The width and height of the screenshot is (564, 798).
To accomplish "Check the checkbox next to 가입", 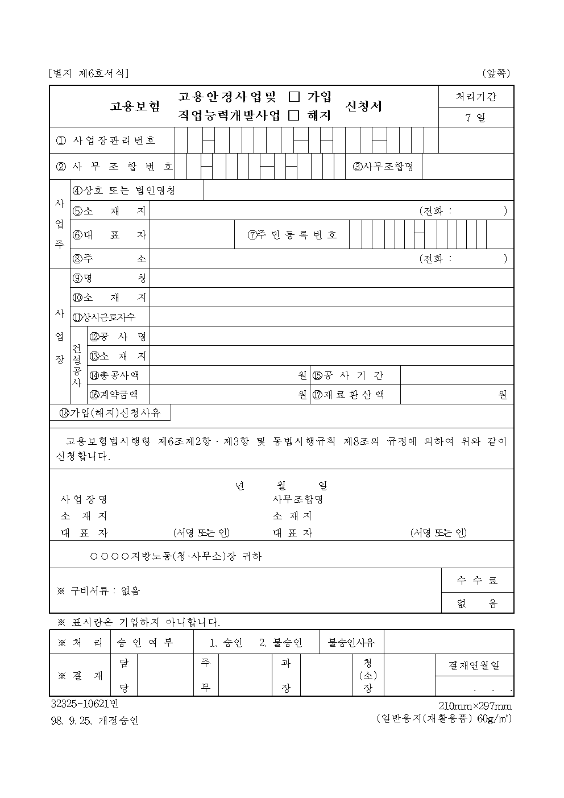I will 294,97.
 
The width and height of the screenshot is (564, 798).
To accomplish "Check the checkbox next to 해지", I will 294,115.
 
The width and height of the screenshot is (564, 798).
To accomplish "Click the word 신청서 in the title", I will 364,106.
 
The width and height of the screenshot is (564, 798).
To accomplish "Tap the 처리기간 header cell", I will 476,97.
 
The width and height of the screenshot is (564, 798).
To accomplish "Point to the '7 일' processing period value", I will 476,118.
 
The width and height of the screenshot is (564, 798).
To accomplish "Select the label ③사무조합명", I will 384,167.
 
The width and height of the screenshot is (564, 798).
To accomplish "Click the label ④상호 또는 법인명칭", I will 125,191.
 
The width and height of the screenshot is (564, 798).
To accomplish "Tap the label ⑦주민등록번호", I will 293,235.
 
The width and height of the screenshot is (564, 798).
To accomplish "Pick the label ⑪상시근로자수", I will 104,317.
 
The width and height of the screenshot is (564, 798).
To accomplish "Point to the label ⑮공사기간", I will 348,375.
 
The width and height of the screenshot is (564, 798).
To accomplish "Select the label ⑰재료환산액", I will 348,394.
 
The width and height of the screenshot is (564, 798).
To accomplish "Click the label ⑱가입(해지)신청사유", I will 111,413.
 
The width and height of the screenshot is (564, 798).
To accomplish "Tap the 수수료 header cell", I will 478,580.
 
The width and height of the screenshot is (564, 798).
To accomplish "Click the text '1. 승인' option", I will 226,643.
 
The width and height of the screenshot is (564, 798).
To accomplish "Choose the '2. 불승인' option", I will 281,643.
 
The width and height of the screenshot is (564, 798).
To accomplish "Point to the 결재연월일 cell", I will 474,665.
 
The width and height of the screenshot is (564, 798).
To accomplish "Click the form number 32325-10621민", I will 85,704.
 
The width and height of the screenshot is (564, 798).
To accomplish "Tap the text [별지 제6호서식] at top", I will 90,73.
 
